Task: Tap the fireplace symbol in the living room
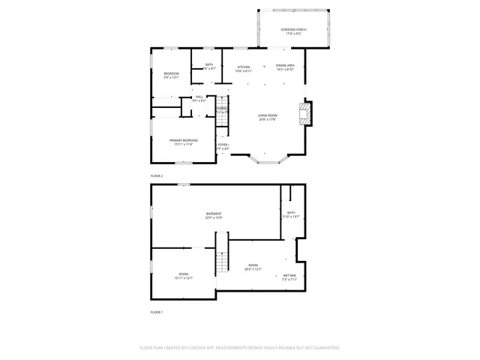(x=304, y=113)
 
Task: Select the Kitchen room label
(x=244, y=67)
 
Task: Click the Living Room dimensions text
(x=268, y=119)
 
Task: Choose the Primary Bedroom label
(x=183, y=140)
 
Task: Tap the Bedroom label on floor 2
(x=171, y=73)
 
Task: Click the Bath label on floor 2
(x=209, y=64)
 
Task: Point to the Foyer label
(x=223, y=144)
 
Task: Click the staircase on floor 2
(x=222, y=120)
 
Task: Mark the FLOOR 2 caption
(x=157, y=175)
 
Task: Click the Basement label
(x=214, y=214)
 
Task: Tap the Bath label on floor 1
(x=290, y=212)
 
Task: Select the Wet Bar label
(x=289, y=275)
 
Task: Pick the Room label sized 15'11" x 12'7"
(x=184, y=274)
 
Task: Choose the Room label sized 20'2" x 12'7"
(x=253, y=265)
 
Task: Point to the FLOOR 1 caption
(x=157, y=311)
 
